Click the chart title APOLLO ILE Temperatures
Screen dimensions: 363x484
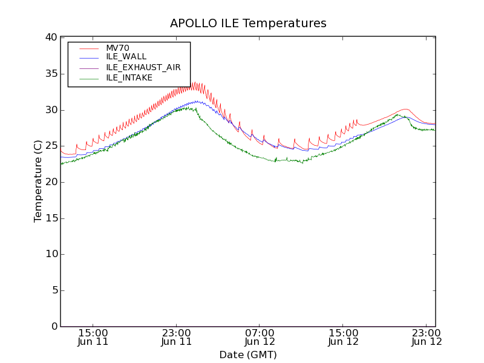coord(248,24)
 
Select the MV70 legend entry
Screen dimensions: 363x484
coord(117,48)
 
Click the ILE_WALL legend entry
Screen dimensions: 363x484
coord(126,57)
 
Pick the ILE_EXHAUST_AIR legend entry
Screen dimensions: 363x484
coord(143,67)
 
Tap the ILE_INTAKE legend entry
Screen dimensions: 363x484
coord(129,77)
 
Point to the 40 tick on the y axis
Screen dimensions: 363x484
coord(50,38)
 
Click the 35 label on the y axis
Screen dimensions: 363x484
coord(50,74)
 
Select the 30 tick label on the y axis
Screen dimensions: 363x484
coord(50,110)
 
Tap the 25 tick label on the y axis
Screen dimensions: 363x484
coord(50,146)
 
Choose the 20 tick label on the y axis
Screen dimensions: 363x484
coord(50,182)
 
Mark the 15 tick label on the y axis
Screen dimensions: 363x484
coord(50,218)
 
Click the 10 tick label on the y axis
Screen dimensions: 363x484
coord(50,254)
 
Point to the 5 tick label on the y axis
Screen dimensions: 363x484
coord(53,290)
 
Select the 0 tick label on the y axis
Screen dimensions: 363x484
coord(53,327)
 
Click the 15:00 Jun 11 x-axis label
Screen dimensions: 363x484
coord(93,337)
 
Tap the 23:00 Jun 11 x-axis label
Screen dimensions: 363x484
coord(177,337)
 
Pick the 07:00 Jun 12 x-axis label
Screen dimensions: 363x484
coord(260,337)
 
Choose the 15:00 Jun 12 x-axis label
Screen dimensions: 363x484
coord(344,337)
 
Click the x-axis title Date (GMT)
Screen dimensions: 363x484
coord(248,355)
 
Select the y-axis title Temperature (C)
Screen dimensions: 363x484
coord(38,181)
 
